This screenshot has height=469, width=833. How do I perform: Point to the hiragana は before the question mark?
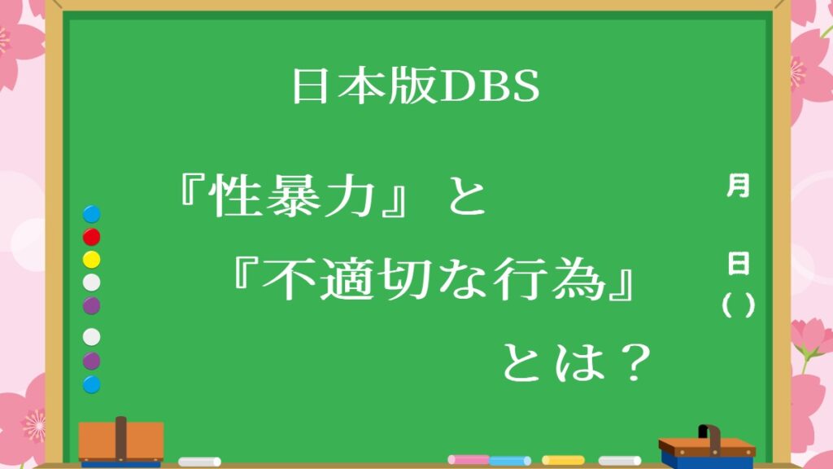click(581, 362)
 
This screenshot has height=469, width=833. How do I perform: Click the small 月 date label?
click(738, 186)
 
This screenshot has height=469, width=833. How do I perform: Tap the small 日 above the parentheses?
click(739, 263)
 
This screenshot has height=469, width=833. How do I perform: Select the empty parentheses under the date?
click(739, 305)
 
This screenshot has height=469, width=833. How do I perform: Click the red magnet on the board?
click(91, 237)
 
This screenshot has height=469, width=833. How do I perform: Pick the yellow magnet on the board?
click(91, 260)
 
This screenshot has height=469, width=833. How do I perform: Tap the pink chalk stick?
click(469, 459)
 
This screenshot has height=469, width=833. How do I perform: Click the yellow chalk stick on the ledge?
click(563, 460)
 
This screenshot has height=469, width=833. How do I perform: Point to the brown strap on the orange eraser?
click(121, 438)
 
